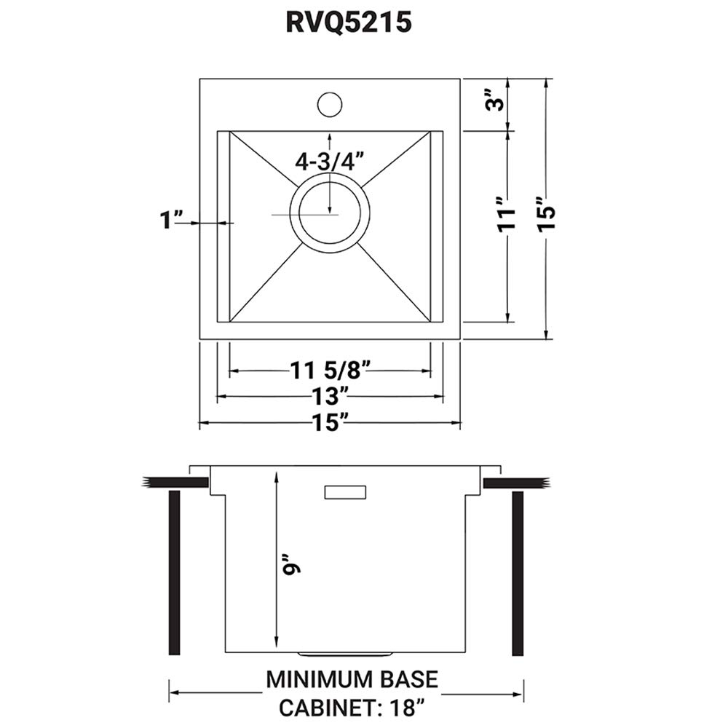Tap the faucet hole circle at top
point(330,103)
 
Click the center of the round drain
point(330,215)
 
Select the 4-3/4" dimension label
point(329,161)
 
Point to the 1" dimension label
point(172,221)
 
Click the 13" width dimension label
point(330,397)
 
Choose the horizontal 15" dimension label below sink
point(330,423)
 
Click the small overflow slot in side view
point(345,492)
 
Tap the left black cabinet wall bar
point(174,573)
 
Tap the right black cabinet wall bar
point(518,573)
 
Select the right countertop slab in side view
point(516,482)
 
